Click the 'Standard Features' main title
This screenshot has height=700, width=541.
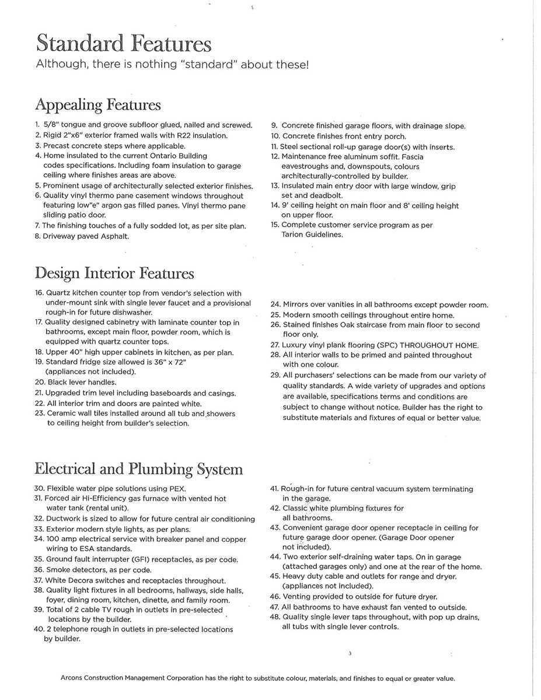pos(123,44)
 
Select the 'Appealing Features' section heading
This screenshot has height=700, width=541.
pos(98,105)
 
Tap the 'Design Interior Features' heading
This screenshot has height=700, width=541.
pos(114,273)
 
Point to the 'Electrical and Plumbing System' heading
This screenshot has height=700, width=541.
pos(139,469)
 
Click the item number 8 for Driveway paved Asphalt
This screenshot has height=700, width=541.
pos(37,236)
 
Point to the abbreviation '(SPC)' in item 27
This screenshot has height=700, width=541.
pos(382,345)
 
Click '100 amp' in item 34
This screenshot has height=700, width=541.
pos(63,540)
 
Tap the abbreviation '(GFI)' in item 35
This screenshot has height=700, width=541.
pos(154,559)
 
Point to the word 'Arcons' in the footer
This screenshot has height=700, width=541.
pos(72,678)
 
